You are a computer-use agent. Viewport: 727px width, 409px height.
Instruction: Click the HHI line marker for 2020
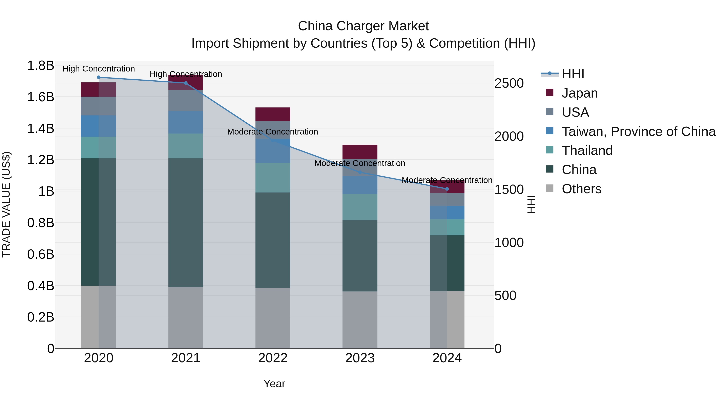(99, 77)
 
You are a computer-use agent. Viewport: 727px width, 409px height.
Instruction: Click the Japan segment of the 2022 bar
(273, 114)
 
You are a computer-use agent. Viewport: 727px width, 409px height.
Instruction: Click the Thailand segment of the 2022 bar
(273, 178)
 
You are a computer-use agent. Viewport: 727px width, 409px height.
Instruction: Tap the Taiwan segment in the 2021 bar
(186, 122)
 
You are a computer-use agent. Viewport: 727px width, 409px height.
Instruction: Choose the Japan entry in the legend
(579, 93)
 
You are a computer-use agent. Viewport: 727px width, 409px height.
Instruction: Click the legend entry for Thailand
(587, 150)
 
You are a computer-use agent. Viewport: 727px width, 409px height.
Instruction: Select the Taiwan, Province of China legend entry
(638, 131)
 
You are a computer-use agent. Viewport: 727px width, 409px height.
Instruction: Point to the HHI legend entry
(573, 74)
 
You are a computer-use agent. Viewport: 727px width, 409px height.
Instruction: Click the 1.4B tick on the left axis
(41, 129)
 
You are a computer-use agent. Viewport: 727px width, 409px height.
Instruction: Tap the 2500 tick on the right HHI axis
(509, 84)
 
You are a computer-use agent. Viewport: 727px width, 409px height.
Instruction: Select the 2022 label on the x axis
(273, 358)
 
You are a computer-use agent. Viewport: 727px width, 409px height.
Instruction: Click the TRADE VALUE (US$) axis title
(6, 204)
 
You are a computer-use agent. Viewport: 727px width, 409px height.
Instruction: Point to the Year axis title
(274, 384)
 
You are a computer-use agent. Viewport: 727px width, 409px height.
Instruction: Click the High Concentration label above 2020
(99, 69)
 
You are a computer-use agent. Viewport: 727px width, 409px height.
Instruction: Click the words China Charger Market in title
(363, 26)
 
